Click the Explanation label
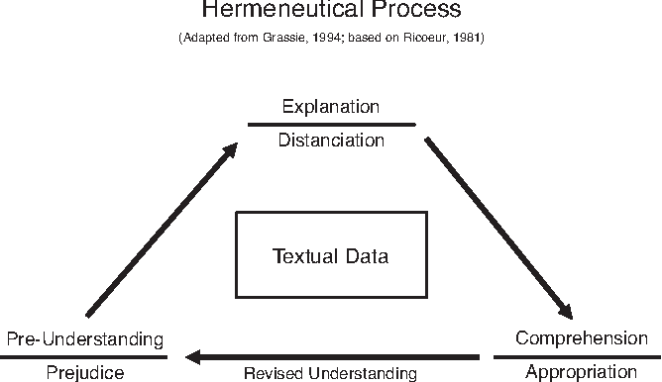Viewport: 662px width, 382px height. point(330,106)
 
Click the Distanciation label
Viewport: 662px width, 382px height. point(330,140)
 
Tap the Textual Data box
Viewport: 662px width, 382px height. point(330,255)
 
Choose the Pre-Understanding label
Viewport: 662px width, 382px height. point(84,338)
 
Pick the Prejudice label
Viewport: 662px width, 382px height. point(84,372)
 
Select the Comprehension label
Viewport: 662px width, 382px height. point(582,337)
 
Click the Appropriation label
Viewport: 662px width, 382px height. point(580,372)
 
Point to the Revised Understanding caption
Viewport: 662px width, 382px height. point(330,373)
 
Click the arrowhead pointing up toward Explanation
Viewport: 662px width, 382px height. point(231,150)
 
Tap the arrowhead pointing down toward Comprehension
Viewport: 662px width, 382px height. point(567,309)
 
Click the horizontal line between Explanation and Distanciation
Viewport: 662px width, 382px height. point(330,124)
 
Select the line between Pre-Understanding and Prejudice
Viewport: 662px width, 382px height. point(84,356)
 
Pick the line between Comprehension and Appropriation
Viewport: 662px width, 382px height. point(577,356)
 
